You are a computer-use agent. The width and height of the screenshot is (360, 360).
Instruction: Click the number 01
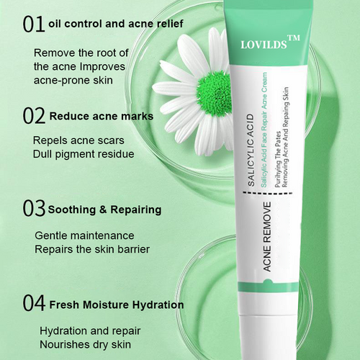[34, 24]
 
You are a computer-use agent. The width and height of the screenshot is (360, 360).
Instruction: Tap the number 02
[34, 116]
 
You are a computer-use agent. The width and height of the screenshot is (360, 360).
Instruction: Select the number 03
[34, 209]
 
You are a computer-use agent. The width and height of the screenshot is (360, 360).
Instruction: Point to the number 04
[34, 303]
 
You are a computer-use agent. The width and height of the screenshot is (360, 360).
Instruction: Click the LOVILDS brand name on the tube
[264, 45]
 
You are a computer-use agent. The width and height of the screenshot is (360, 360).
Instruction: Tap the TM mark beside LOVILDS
[294, 38]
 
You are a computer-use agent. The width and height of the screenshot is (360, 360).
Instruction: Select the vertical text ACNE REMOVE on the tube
[267, 237]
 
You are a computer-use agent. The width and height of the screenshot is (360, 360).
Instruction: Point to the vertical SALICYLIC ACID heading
[251, 150]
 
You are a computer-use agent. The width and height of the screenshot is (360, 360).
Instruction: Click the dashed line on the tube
[268, 193]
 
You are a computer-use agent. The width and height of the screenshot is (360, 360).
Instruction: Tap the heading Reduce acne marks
[102, 117]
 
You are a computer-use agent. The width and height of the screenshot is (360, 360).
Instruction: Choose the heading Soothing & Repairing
[104, 210]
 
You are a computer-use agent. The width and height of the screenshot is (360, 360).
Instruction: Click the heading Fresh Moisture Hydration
[117, 305]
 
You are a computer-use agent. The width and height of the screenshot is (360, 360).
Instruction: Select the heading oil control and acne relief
[116, 24]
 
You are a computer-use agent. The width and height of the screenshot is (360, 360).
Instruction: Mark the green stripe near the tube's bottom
[269, 286]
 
